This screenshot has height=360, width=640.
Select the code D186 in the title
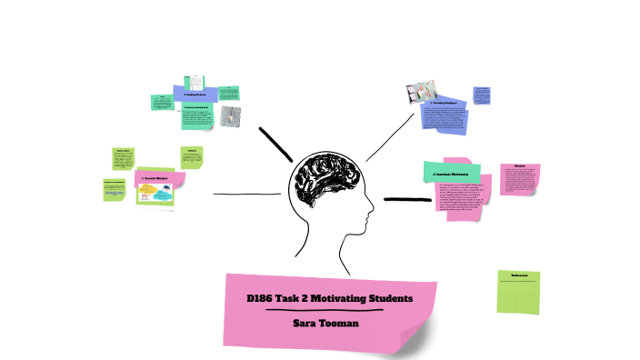[263, 298]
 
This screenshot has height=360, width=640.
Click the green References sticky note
[520, 291]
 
